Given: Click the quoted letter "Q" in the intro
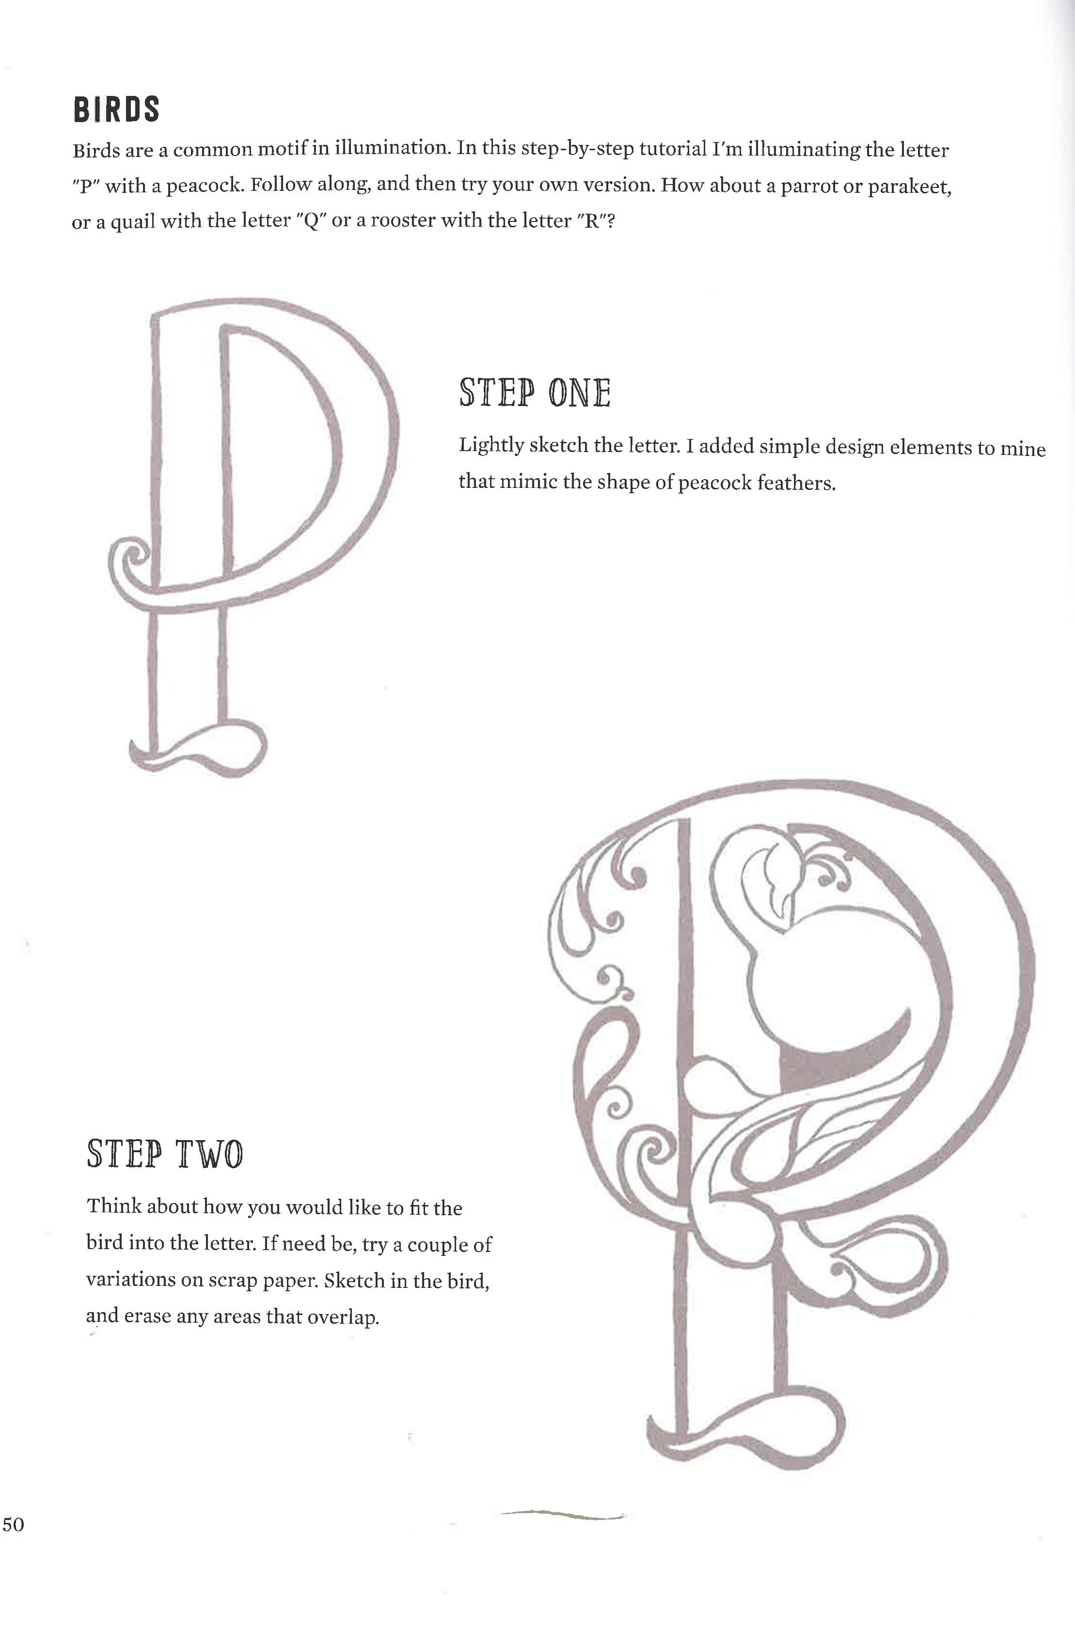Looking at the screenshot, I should click(x=311, y=221).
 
